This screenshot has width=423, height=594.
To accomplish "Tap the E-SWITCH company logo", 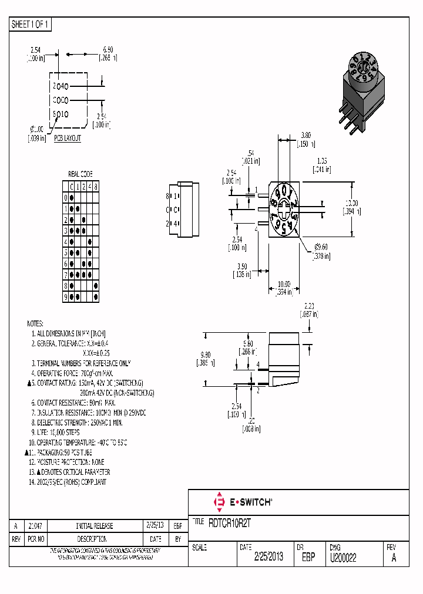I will [x=241, y=502].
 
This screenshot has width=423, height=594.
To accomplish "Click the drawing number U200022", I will [x=344, y=556].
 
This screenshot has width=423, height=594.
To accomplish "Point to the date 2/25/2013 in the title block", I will [x=268, y=556].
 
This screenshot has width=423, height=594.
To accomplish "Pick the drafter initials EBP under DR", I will [x=309, y=556].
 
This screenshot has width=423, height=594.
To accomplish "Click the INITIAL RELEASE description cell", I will [x=95, y=526].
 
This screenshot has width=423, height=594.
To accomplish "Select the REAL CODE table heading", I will [x=80, y=174].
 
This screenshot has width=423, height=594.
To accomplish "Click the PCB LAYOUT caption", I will [x=68, y=139].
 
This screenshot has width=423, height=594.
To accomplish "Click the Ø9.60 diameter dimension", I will [x=320, y=247].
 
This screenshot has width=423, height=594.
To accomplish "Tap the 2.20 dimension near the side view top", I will [x=310, y=305].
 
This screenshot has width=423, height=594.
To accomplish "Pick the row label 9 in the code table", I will [x=66, y=297].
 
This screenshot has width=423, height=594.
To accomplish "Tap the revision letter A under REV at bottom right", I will [x=394, y=558].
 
